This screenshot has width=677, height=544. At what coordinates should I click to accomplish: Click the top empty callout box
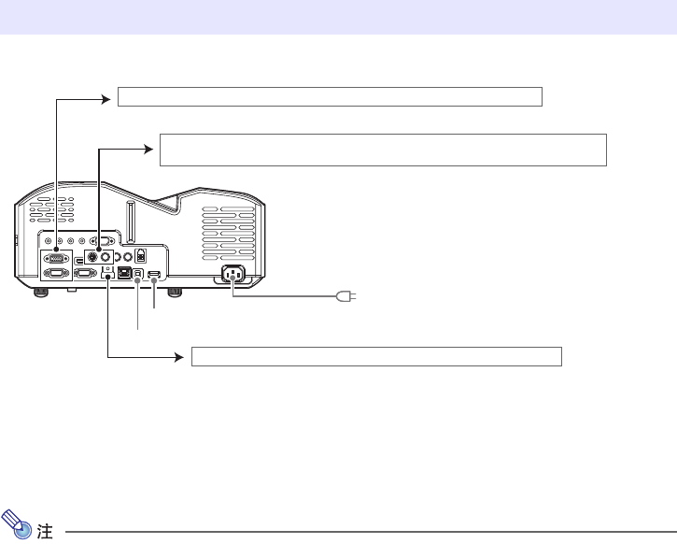click(x=330, y=96)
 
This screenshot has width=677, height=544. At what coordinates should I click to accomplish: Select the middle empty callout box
click(x=383, y=150)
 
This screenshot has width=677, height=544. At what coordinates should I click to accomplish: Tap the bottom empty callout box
click(x=375, y=356)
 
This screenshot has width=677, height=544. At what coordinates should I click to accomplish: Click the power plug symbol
click(x=345, y=296)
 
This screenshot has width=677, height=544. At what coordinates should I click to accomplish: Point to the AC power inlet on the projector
click(x=232, y=277)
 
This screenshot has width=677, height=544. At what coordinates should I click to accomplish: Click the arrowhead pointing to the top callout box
click(x=106, y=95)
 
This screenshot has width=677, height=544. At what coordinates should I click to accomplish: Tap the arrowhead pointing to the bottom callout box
click(x=180, y=356)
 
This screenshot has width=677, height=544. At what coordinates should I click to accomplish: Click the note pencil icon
click(x=17, y=533)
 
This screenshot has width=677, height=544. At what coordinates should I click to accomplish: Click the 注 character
click(x=44, y=534)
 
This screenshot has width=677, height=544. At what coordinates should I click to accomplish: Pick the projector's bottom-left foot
click(x=40, y=292)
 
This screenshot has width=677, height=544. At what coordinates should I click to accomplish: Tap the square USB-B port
click(x=139, y=274)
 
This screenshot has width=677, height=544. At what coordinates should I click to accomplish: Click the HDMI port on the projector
click(x=155, y=275)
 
